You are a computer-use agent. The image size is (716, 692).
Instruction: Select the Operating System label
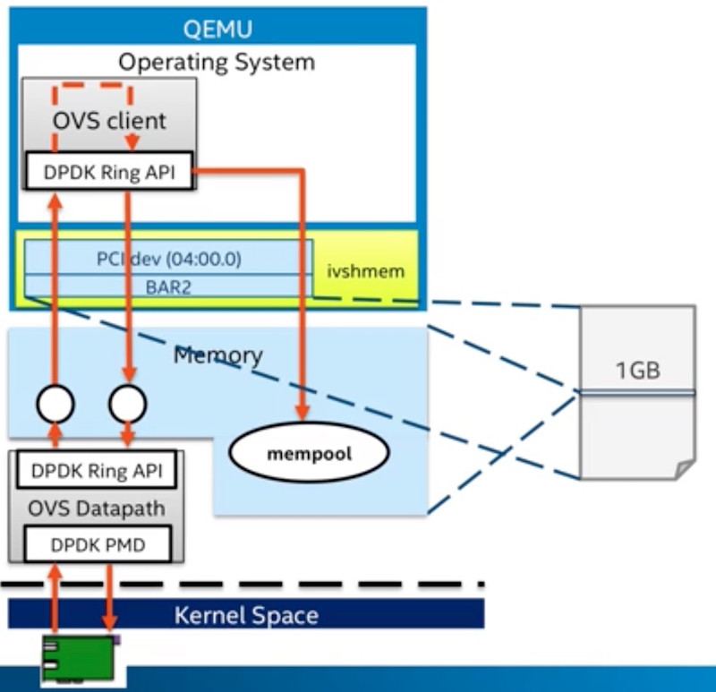217,62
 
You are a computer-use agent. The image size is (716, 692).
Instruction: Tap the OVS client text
108,120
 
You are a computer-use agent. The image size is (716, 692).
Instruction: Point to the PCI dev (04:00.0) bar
169,260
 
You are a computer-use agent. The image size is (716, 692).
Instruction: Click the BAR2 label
169,287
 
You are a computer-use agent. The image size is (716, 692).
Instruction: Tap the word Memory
217,355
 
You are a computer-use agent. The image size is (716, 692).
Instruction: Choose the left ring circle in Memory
55,405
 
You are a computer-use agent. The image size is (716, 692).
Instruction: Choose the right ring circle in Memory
127,405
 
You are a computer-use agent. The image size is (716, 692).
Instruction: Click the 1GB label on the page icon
637,369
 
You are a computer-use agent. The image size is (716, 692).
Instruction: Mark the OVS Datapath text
96,508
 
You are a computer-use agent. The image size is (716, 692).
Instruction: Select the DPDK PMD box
96,545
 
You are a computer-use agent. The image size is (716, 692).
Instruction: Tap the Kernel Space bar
245,615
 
